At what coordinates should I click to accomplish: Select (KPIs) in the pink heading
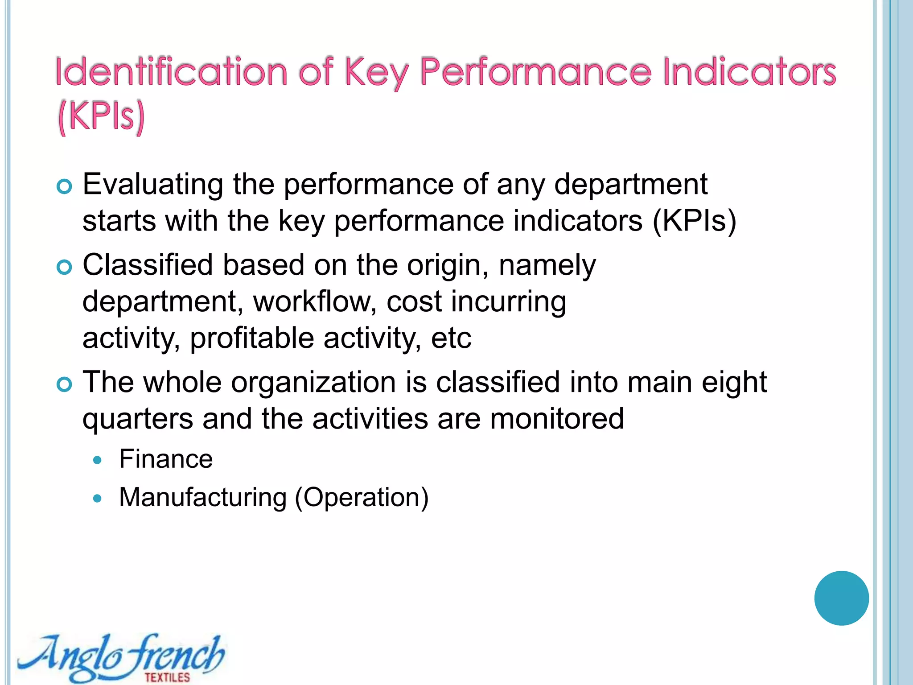point(102,117)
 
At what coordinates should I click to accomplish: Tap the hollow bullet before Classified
point(65,268)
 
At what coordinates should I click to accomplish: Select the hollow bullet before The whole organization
point(65,384)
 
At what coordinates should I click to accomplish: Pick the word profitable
point(252,338)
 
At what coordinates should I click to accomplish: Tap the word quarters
point(138,420)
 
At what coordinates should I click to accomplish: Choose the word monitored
point(557,419)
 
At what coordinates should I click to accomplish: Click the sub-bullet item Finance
point(166,459)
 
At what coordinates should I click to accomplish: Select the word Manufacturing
point(203,497)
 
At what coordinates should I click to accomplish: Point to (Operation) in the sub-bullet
point(362,498)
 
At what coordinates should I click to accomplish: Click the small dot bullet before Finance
point(98,460)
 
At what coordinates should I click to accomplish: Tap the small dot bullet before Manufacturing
point(98,498)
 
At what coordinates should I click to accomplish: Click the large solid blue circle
point(841,598)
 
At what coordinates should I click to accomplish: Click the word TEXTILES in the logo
point(167,677)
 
